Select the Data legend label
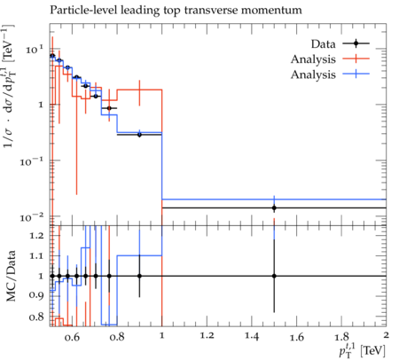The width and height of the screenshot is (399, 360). point(323,44)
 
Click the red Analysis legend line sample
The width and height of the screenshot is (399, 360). point(356,59)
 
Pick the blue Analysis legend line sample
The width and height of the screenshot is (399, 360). point(356,74)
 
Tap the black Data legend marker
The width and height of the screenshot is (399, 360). point(356,43)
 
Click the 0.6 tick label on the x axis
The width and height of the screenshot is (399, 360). point(72,336)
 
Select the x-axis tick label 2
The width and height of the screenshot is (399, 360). point(386,335)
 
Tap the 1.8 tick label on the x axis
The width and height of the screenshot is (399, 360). point(341,336)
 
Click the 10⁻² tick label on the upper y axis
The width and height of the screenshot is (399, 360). point(32,217)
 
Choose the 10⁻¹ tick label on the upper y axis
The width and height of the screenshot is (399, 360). point(32,161)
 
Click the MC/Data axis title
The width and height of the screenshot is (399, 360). point(11,276)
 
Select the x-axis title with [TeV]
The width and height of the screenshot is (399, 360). point(363,350)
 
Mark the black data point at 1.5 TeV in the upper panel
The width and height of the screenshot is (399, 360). point(274,207)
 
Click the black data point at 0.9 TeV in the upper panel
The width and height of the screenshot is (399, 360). point(139,135)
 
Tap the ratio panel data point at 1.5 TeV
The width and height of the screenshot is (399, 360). point(274,276)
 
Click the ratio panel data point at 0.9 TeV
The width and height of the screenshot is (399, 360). point(139,276)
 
